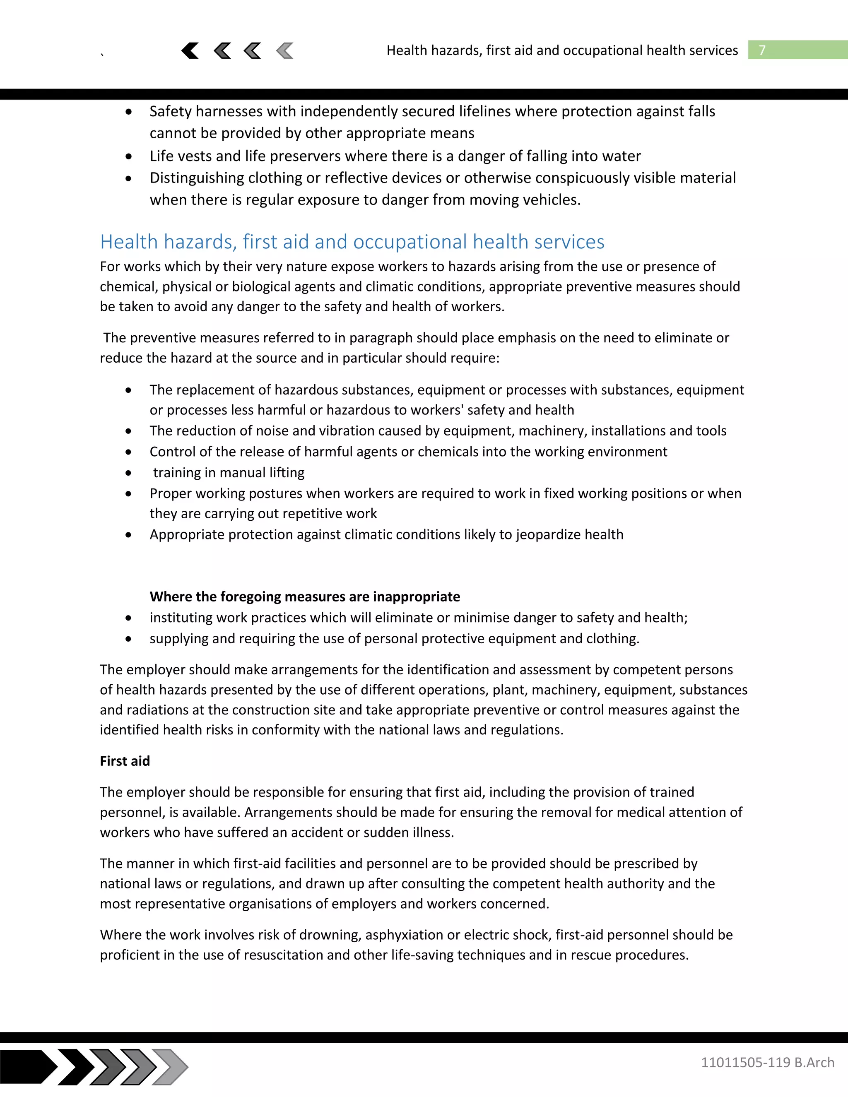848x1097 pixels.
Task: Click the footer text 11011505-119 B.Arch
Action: click(x=767, y=1062)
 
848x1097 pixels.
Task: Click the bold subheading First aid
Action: click(x=125, y=761)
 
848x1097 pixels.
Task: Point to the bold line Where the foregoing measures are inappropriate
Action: click(x=304, y=597)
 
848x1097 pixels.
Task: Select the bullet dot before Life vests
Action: click(x=129, y=156)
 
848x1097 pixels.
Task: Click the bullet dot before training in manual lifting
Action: click(x=129, y=473)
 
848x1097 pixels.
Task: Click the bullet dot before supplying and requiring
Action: click(x=129, y=639)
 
